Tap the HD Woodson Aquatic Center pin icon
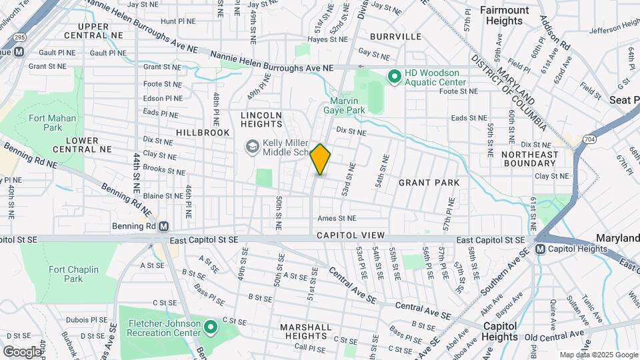click(x=394, y=77)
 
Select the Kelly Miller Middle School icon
click(x=253, y=146)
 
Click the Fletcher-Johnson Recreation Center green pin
click(x=211, y=327)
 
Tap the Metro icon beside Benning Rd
click(x=163, y=226)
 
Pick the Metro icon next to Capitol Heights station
click(x=541, y=249)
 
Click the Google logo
click(x=21, y=351)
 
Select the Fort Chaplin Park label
click(x=73, y=274)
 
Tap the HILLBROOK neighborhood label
click(x=203, y=133)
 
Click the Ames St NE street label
click(x=337, y=218)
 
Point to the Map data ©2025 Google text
click(x=598, y=355)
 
